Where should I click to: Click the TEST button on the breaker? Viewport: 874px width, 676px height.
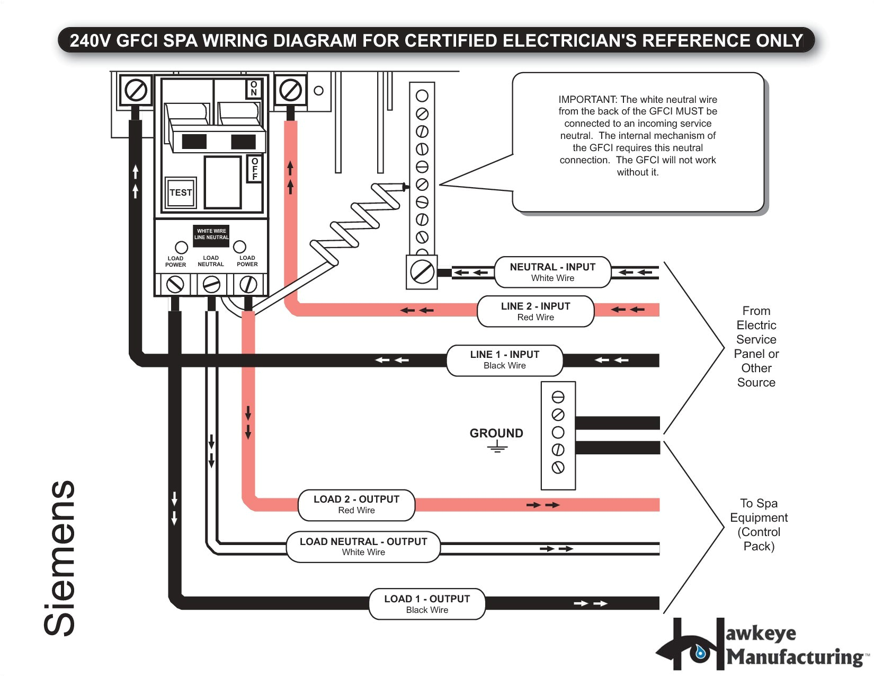(x=181, y=192)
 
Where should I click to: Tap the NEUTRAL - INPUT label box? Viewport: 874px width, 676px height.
(x=552, y=272)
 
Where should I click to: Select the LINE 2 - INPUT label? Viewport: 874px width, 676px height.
(x=536, y=311)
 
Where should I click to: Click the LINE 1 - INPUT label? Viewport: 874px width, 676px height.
(x=504, y=359)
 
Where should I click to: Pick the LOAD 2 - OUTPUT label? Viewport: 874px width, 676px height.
(x=356, y=504)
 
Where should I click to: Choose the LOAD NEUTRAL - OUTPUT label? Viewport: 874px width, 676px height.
(x=363, y=547)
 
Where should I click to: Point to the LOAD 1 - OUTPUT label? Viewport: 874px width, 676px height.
(x=427, y=604)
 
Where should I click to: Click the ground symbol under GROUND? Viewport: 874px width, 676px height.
(x=497, y=448)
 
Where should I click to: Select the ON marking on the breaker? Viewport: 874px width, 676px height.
(x=254, y=89)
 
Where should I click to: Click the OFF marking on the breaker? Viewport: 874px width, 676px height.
(x=255, y=169)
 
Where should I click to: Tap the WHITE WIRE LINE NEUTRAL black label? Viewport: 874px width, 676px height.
(x=211, y=234)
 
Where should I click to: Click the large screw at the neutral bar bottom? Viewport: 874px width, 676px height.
(x=422, y=273)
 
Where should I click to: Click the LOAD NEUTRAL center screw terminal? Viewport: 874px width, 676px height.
(x=211, y=285)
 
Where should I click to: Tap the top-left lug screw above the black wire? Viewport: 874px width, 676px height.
(x=136, y=91)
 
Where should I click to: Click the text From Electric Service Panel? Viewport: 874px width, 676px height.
(x=756, y=346)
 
